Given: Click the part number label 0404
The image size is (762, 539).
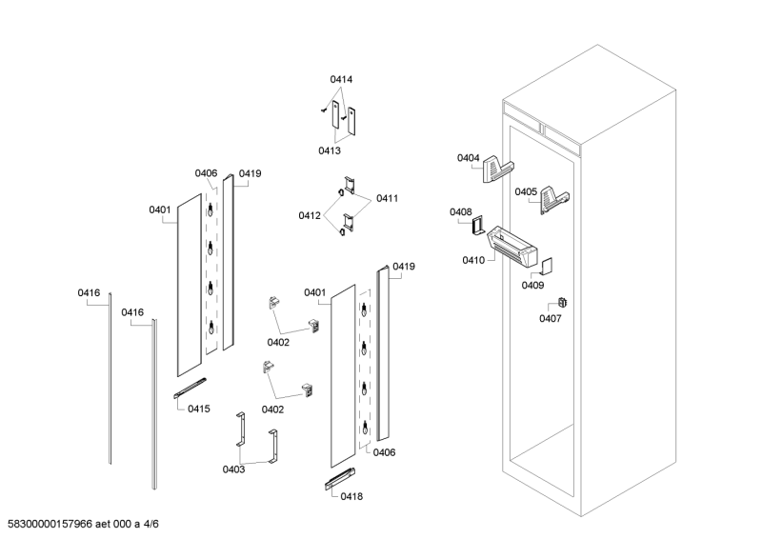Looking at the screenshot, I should click(x=468, y=158).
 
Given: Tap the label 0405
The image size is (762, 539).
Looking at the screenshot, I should click(x=526, y=191).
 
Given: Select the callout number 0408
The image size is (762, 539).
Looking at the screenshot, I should click(x=460, y=212).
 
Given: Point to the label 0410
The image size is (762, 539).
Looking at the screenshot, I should click(x=472, y=260).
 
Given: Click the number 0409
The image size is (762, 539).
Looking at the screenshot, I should click(x=532, y=285).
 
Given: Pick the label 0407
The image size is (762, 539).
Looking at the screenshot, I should click(x=550, y=318).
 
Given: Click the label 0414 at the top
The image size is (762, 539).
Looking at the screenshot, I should click(x=341, y=79).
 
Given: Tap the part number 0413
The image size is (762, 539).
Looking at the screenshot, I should click(x=330, y=150).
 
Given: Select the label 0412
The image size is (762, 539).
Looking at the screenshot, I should click(x=310, y=215).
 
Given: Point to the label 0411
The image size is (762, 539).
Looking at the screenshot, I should click(x=387, y=198).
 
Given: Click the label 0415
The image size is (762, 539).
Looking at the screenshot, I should click(x=198, y=408).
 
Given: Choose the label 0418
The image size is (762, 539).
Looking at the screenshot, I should click(x=350, y=495).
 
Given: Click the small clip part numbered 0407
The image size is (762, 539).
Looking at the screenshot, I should click(x=561, y=303).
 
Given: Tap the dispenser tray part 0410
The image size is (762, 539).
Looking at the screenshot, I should click(x=514, y=243).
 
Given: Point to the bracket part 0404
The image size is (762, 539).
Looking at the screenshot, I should click(x=497, y=169).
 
